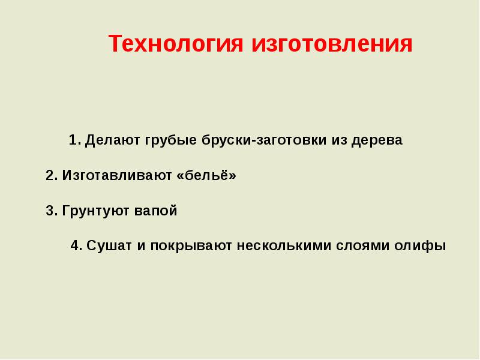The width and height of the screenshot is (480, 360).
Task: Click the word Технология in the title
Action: pos(176,43)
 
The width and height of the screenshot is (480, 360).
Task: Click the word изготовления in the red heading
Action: pos(332,43)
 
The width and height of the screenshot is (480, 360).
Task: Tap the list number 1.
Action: pos(75,140)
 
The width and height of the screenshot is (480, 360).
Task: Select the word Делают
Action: pos(112,140)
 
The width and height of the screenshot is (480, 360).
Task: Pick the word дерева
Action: pos(377,140)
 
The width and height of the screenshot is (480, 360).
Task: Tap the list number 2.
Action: pos(52,175)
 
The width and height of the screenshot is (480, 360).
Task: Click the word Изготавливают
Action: pos(117,176)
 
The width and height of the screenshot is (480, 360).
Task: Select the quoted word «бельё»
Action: pos(206,175)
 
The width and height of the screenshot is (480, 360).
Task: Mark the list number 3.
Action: pos(52,211)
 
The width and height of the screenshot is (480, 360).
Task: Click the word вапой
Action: pos(156,211)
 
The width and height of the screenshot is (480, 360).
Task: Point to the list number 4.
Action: pos(77,245)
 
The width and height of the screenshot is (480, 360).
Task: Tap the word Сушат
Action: pos(109,246)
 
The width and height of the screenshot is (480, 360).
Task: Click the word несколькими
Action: pos(284,246)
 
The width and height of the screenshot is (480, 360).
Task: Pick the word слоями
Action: pos(362,246)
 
